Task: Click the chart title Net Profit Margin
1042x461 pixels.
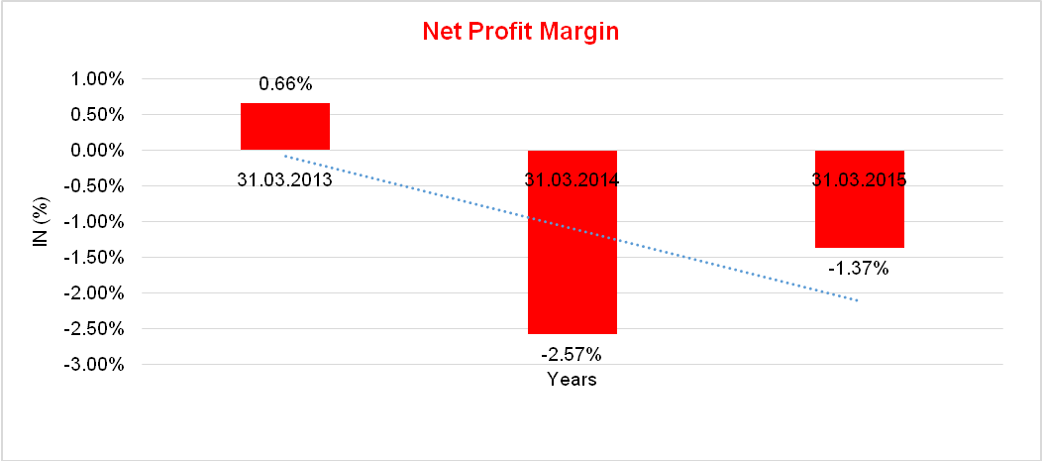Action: [x=520, y=32]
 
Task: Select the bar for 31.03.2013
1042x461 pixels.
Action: [x=285, y=126]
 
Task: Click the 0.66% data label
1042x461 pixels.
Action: [x=285, y=84]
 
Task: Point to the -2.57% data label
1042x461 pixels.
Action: [x=572, y=353]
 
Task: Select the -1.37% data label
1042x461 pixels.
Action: [x=859, y=268]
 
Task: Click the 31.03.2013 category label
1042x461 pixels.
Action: [x=285, y=180]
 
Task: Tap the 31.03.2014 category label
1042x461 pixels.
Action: [x=572, y=180]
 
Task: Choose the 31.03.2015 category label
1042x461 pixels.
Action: [x=859, y=180]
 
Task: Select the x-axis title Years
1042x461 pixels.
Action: [x=572, y=380]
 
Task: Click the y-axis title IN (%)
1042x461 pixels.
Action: [x=41, y=221]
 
